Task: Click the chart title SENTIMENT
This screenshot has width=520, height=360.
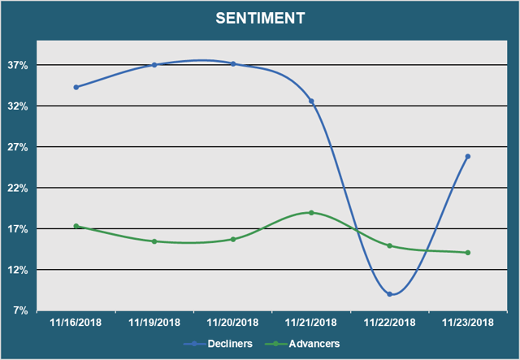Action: click(x=260, y=17)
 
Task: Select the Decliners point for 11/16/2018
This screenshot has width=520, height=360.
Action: click(x=76, y=87)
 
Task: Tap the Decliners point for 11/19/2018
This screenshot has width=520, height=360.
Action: click(x=154, y=65)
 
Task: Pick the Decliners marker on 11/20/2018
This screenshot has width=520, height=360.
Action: click(x=233, y=63)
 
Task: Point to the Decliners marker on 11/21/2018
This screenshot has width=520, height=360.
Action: click(x=311, y=101)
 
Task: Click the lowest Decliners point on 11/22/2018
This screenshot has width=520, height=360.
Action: click(x=390, y=294)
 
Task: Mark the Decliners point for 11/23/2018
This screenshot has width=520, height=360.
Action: click(x=468, y=156)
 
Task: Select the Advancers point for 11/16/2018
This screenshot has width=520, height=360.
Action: click(x=76, y=226)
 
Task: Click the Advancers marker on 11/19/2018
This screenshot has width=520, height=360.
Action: click(x=154, y=241)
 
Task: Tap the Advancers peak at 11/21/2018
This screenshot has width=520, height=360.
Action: click(x=311, y=213)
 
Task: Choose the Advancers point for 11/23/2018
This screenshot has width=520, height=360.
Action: click(x=468, y=253)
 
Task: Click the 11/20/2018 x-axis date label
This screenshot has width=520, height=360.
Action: click(x=233, y=322)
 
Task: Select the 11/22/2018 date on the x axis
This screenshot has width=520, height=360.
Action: click(x=390, y=322)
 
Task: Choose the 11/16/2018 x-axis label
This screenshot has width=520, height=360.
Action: click(x=76, y=322)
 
